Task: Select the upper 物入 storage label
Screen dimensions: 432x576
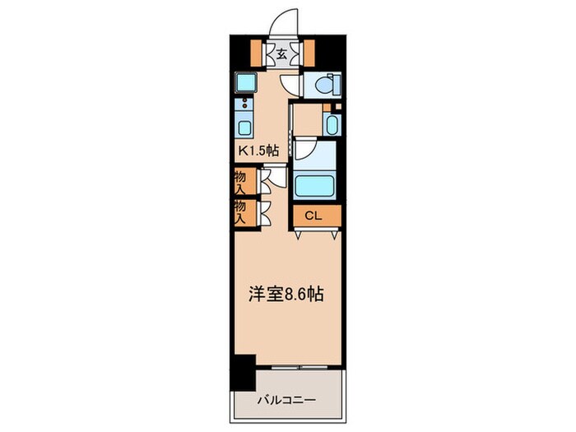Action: (x=241, y=182)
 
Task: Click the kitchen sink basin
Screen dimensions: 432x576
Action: (x=244, y=127)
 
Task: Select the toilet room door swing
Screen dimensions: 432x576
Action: (x=290, y=84)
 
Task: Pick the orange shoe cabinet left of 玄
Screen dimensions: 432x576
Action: (x=258, y=53)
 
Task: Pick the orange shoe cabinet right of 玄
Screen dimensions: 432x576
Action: (x=310, y=53)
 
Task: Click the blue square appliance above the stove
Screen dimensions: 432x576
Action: (x=244, y=82)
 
